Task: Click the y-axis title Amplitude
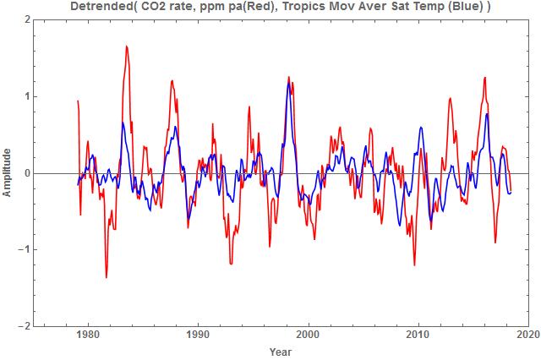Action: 8,172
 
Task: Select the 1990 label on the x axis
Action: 198,336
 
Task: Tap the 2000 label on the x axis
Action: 309,336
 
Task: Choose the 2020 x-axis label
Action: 528,336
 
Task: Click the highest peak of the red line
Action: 127,46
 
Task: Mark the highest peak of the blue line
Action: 289,83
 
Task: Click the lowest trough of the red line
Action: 107,277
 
